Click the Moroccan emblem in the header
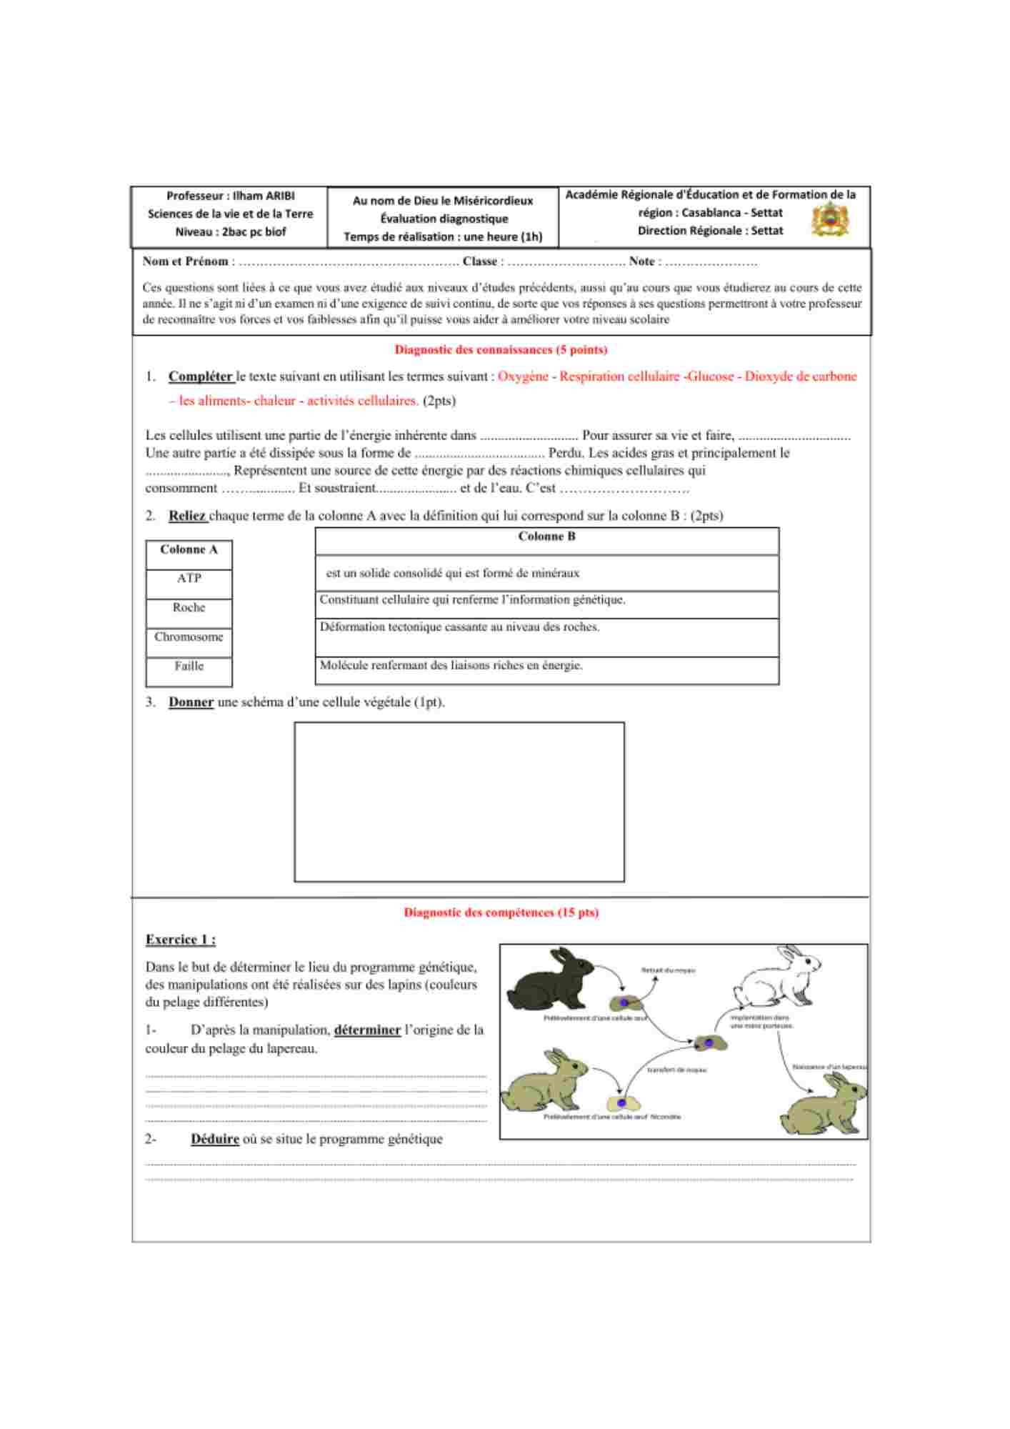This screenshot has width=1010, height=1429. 830,219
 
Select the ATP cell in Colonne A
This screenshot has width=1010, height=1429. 189,579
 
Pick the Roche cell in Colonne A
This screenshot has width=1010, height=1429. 189,608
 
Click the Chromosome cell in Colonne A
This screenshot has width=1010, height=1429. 189,637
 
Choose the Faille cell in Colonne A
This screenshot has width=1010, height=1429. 189,667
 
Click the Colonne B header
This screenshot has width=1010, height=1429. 546,537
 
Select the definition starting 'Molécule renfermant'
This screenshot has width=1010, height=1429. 451,666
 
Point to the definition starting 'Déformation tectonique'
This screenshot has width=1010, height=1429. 460,627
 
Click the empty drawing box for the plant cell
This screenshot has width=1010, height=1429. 459,802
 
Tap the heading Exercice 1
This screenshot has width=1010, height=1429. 181,940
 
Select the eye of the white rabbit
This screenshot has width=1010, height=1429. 808,962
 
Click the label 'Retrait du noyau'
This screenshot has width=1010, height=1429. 668,970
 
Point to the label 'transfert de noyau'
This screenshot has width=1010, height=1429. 676,1070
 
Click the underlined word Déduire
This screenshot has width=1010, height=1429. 215,1140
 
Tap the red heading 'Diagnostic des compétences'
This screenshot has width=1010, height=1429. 501,912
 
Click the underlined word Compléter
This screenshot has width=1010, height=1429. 201,377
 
